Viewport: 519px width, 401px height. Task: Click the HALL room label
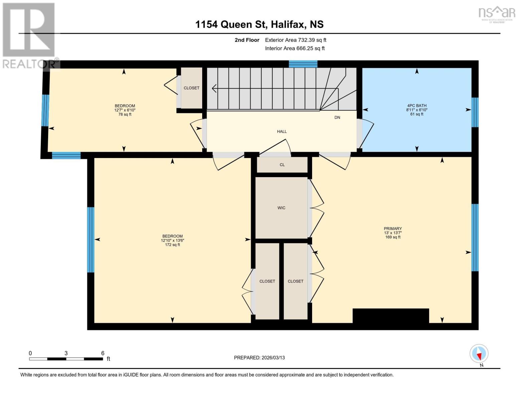pos(282,132)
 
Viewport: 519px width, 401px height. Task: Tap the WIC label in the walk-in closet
pos(281,208)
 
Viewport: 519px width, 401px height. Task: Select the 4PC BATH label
pos(416,106)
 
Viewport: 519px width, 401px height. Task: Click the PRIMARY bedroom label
pos(393,229)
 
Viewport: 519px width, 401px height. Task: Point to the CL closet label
pos(282,165)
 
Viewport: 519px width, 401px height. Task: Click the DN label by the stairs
pos(337,118)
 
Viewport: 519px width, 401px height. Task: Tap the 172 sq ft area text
pos(172,245)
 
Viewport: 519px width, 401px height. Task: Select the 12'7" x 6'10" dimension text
pos(125,110)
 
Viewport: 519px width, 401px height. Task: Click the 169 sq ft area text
pos(393,237)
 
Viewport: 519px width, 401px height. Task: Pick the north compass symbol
pos(479,354)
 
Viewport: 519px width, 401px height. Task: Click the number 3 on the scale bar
pos(66,353)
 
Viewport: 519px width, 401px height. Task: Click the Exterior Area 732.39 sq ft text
pos(295,40)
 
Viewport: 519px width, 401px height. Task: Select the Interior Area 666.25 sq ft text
pos(295,48)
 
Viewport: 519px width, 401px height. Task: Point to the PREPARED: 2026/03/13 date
pos(259,358)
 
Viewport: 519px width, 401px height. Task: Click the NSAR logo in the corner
pos(497,14)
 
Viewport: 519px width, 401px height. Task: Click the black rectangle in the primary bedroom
pos(391,316)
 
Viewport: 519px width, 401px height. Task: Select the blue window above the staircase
pos(303,64)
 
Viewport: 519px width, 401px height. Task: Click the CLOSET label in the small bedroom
pos(191,88)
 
